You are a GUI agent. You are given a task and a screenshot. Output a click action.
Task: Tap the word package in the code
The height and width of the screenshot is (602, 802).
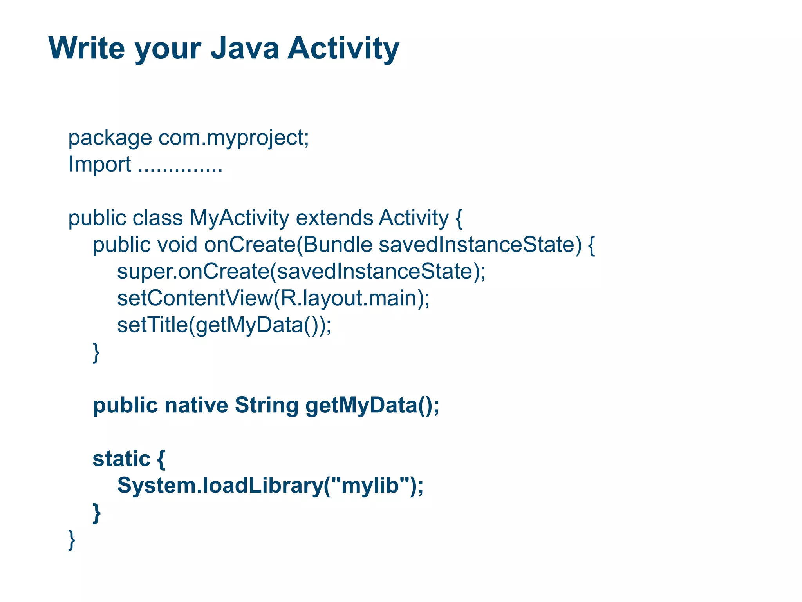[x=110, y=138]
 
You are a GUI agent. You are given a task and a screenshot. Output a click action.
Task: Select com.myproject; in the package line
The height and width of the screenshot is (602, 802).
[x=233, y=138]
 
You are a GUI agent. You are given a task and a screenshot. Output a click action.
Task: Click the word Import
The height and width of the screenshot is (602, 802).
[x=99, y=164]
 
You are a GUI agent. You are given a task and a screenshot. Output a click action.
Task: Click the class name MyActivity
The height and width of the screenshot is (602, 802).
[x=239, y=218]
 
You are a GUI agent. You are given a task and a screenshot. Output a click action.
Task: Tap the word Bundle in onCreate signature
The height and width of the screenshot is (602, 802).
[x=337, y=245]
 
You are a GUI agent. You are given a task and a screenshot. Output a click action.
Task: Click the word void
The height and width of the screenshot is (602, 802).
[x=177, y=245]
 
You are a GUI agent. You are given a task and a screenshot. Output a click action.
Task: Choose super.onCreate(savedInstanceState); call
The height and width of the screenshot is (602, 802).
[x=301, y=271]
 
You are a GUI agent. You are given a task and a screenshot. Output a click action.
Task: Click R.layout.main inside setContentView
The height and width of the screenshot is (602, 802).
[x=351, y=298]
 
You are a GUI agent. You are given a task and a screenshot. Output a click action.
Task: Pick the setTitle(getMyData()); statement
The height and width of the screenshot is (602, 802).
[x=224, y=325]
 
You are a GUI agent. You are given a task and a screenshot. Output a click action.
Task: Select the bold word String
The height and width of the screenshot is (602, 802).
[x=266, y=405]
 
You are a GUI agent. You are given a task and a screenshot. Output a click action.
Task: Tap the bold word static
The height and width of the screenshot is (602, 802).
[x=121, y=459]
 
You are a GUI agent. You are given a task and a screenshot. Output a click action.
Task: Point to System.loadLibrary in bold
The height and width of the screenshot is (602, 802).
[x=219, y=486]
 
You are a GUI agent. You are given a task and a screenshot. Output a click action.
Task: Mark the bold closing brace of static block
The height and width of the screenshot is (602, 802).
[x=96, y=513]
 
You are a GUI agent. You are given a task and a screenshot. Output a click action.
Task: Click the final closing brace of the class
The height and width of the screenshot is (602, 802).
[x=72, y=539]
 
